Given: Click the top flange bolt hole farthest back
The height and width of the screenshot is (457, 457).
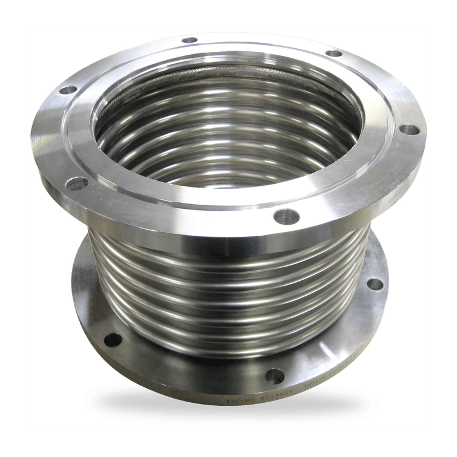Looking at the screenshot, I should [x=190, y=40].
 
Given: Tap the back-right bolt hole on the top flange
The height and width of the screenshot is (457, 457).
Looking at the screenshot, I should [x=334, y=53].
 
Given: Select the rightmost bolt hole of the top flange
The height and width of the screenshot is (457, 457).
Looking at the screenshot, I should [x=409, y=129].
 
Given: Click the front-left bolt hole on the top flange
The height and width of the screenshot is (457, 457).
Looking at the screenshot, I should [x=77, y=184].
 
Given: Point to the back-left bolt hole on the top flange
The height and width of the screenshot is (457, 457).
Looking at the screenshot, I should [x=69, y=90].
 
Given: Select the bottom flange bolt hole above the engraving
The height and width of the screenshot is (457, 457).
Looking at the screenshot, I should [x=274, y=375].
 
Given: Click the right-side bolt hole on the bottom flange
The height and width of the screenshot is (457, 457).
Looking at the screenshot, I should [x=374, y=284].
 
